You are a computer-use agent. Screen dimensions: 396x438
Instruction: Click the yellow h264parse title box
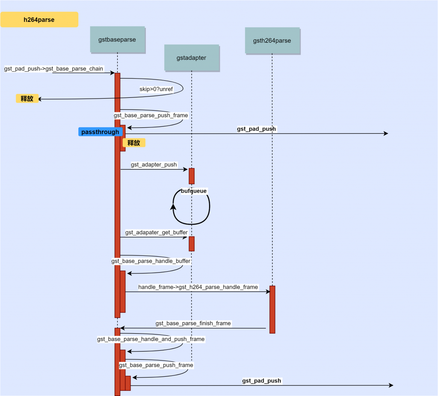(x=39, y=20)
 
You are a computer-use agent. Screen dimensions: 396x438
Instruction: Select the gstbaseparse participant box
(x=117, y=39)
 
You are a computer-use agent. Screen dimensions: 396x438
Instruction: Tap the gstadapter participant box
(x=191, y=57)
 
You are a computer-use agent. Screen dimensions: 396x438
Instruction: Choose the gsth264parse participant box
(x=272, y=41)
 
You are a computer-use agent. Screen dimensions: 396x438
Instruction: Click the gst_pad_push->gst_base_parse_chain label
(x=54, y=68)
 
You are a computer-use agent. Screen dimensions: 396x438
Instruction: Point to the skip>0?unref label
(x=156, y=89)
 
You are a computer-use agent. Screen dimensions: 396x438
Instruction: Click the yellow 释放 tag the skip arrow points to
(x=27, y=99)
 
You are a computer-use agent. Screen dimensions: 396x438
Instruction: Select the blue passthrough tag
(x=100, y=132)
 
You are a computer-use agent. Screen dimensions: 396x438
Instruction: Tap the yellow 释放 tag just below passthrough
(x=134, y=143)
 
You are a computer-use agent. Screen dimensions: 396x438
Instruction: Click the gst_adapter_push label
(x=154, y=164)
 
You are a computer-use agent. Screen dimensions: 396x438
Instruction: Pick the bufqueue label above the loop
(x=194, y=191)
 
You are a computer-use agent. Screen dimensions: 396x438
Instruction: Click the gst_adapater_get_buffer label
(x=156, y=232)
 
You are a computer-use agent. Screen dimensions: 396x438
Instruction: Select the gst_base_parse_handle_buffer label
(x=151, y=261)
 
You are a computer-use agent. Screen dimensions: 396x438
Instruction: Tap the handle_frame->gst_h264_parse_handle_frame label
(x=198, y=287)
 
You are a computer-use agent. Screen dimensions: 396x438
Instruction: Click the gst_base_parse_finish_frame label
(x=193, y=323)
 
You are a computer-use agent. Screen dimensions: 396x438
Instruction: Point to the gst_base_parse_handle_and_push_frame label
(x=151, y=339)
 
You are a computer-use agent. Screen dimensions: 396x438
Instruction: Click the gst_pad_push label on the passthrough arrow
(x=257, y=129)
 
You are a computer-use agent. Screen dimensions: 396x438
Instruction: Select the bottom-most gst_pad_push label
(x=262, y=381)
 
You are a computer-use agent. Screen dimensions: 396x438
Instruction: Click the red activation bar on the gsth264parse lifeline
(x=272, y=309)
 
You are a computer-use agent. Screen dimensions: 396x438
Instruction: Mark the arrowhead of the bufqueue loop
(x=173, y=207)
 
